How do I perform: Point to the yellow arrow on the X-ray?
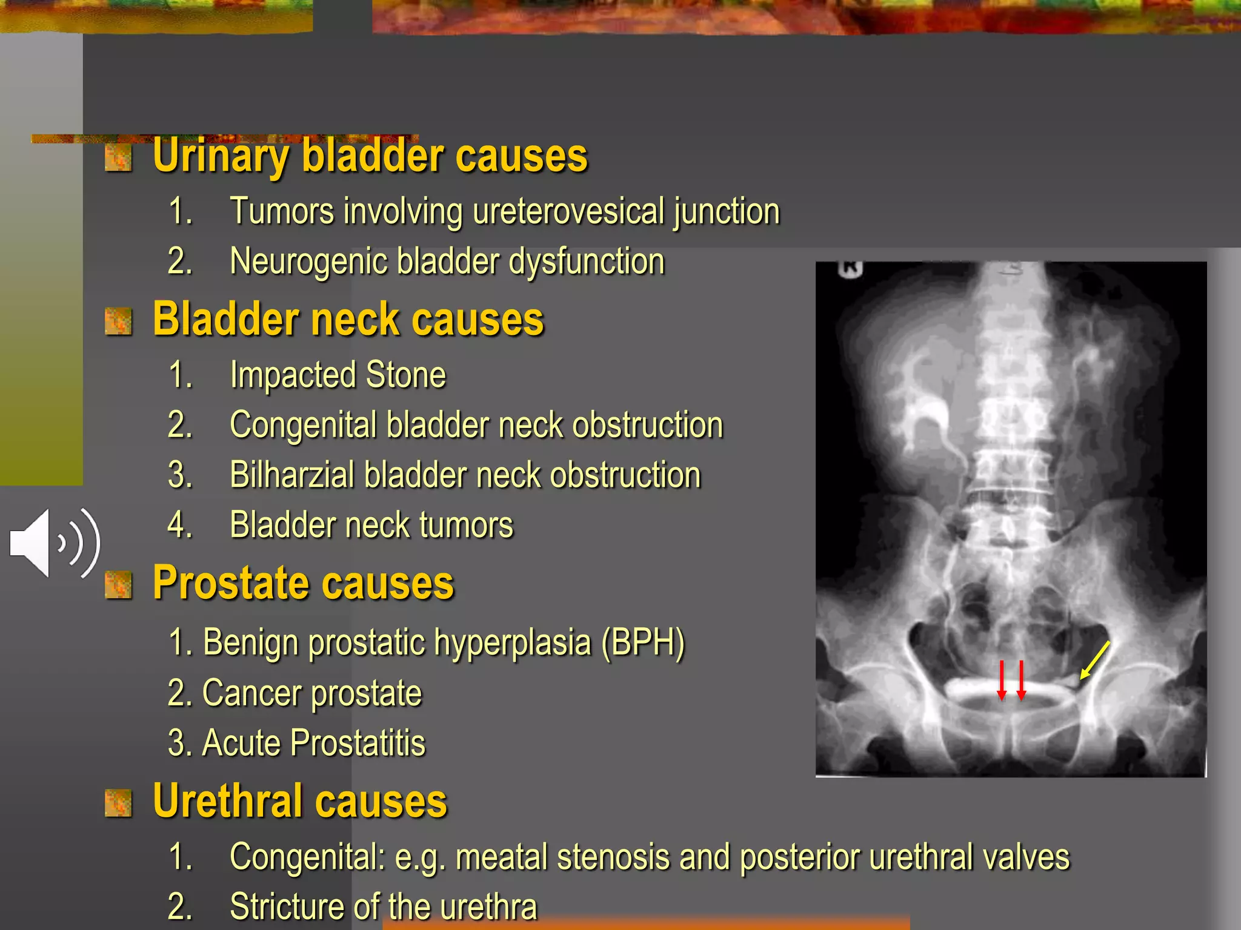(x=1095, y=661)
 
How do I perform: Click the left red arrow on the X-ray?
(x=1002, y=680)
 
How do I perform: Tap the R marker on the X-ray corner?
(x=850, y=269)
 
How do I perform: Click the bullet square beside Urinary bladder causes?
(x=118, y=159)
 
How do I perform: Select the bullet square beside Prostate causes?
(x=118, y=585)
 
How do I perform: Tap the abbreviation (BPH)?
(x=643, y=642)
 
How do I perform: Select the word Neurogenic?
(x=308, y=262)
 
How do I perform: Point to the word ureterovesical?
(x=568, y=211)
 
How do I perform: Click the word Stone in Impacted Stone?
(x=406, y=375)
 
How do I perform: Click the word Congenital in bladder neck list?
(x=303, y=425)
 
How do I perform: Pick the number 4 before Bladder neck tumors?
(x=180, y=525)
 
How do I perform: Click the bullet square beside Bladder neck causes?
(x=118, y=321)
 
